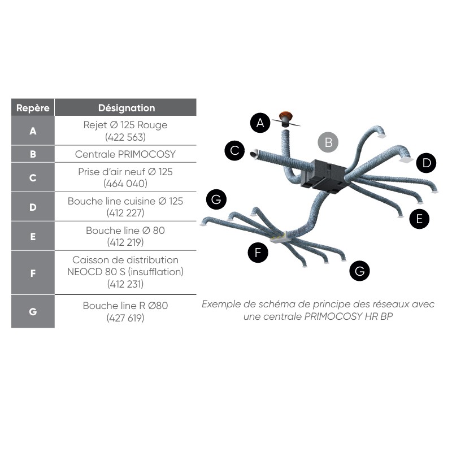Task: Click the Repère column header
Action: coord(33,107)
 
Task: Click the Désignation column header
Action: coord(126,107)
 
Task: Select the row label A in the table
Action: coord(33,131)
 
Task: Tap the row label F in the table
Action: coord(33,273)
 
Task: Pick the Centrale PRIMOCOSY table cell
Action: coord(125,154)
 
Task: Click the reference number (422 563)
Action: coord(125,137)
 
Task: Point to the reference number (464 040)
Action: coord(125,183)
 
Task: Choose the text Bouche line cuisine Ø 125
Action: coord(125,201)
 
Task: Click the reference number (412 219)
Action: coord(125,242)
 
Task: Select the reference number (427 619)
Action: coord(125,318)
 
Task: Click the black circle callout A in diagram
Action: coord(260,123)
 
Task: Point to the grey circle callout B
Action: coord(328,142)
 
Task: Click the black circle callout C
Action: coord(234,150)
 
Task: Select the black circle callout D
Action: coord(427,163)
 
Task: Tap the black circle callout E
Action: coord(419,219)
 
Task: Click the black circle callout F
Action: coord(258,253)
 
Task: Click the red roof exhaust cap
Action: coord(285,116)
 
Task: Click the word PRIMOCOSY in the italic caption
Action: coord(333,316)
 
